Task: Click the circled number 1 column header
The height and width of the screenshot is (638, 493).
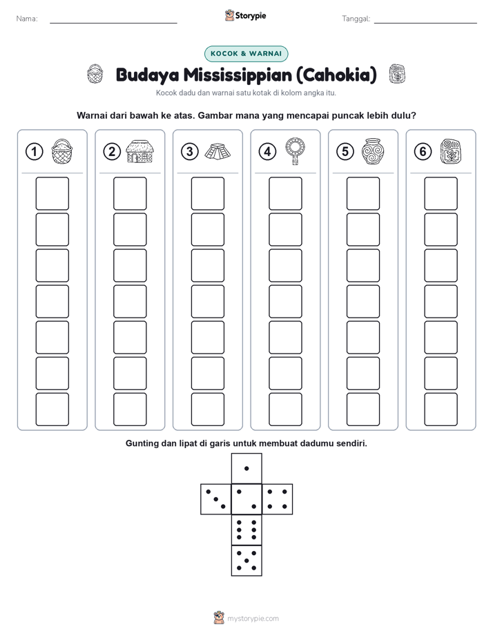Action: click(34, 152)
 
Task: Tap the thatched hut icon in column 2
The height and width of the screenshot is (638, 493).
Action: click(140, 151)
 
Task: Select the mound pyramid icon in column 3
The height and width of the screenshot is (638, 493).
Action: click(217, 152)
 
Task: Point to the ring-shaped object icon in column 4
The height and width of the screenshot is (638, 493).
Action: click(296, 151)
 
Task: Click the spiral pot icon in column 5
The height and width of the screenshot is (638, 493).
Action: click(373, 151)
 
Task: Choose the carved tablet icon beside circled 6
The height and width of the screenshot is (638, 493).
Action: click(450, 152)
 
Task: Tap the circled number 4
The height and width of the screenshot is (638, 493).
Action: click(267, 152)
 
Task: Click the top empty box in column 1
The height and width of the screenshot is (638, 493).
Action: click(52, 193)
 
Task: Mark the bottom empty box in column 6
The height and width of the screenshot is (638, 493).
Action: click(441, 409)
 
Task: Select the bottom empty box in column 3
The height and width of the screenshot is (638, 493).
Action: click(207, 409)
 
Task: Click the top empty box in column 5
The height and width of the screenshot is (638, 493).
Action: click(363, 193)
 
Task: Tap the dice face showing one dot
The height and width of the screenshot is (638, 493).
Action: click(246, 468)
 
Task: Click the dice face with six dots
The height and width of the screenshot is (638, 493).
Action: click(246, 530)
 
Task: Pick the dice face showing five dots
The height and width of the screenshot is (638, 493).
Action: click(246, 561)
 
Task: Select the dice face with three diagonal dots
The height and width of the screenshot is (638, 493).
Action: click(216, 499)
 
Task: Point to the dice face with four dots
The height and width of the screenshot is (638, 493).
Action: click(278, 499)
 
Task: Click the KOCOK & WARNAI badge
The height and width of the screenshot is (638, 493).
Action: click(246, 54)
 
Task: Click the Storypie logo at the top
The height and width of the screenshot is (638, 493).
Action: click(245, 16)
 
